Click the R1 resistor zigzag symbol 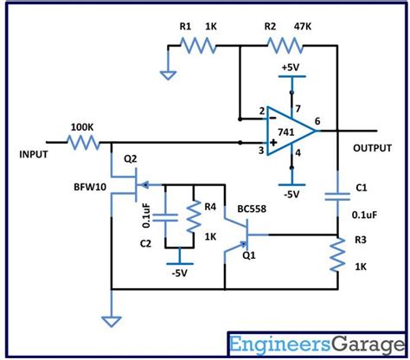(x=198, y=46)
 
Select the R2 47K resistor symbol (x=285, y=46)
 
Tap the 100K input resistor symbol (x=83, y=143)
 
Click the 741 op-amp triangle (x=291, y=131)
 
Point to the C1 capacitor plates (x=337, y=196)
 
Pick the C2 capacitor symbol (x=165, y=218)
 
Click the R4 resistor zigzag (x=194, y=216)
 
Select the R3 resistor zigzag (x=337, y=254)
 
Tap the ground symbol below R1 (x=168, y=75)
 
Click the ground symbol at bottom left (x=112, y=322)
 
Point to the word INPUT (x=34, y=154)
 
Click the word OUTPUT (x=372, y=148)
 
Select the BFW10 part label (x=90, y=187)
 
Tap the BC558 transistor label (x=252, y=209)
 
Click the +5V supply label (x=291, y=67)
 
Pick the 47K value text (x=303, y=27)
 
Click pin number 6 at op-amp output (x=317, y=121)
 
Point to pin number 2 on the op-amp (x=261, y=111)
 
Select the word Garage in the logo (x=368, y=345)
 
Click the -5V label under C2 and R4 (x=179, y=273)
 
